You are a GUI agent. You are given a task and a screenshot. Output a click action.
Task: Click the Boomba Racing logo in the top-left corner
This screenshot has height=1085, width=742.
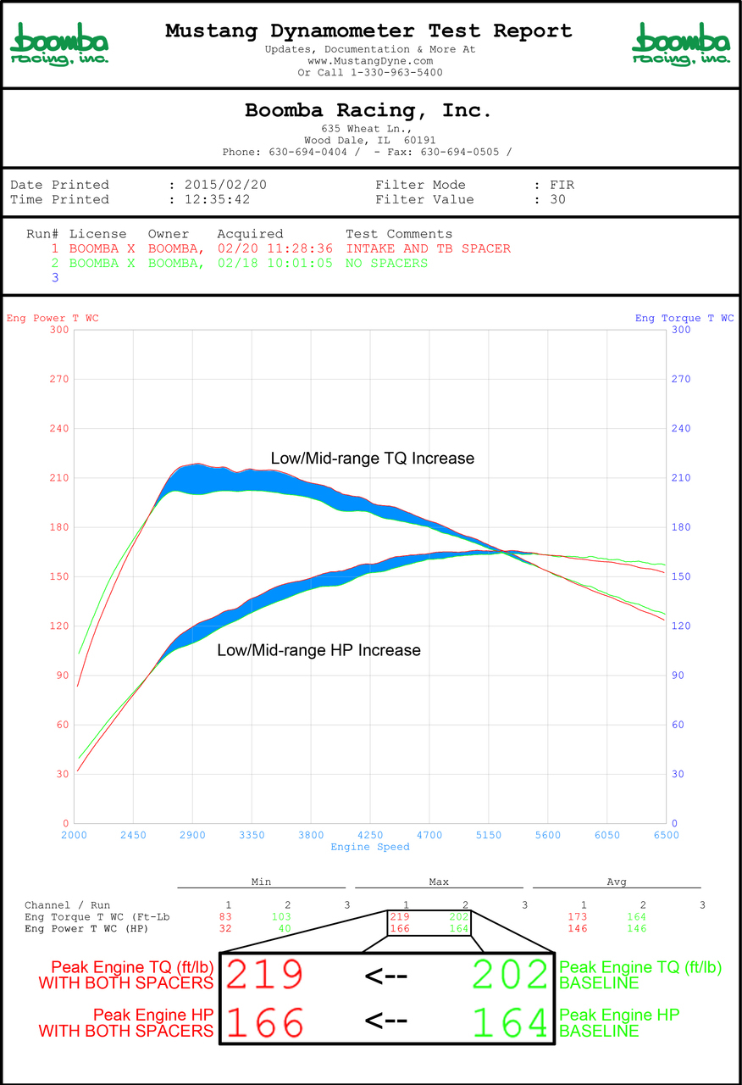pos(59,44)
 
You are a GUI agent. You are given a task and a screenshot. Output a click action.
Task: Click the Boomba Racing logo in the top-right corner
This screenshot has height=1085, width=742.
pos(681,44)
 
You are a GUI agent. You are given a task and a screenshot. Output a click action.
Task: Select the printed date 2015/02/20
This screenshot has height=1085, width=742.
pos(217,185)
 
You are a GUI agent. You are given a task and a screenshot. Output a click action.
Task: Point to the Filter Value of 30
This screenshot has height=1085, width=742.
pos(557,200)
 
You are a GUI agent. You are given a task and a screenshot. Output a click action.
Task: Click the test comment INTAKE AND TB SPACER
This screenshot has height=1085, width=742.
pos(428,248)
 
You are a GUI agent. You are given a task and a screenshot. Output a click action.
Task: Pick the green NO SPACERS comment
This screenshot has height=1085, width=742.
pos(386,263)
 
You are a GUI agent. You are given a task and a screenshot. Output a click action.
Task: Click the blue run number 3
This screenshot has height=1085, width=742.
pos(55,277)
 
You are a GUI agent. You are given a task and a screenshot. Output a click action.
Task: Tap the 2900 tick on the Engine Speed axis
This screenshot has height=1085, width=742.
pos(192,835)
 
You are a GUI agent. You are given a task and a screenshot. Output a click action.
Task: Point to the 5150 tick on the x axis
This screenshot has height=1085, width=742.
pos(489,835)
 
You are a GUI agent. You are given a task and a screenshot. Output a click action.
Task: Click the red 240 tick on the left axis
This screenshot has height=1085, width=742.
pos(58,429)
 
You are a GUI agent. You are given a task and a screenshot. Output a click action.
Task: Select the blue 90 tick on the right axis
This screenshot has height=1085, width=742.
pos(678,676)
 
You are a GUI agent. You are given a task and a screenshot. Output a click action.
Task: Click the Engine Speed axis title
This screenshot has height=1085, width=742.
pos(370,847)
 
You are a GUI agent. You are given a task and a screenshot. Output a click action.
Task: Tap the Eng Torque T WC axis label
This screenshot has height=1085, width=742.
pos(684,319)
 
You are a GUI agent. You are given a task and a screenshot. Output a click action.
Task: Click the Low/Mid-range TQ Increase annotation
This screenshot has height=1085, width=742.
pos(373,459)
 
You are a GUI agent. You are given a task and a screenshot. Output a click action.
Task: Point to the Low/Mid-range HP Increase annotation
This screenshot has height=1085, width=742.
pos(319,651)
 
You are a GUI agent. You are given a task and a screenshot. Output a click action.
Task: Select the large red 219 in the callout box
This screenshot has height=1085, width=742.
pos(265,976)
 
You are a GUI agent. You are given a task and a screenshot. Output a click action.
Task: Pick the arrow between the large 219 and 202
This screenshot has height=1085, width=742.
pos(386,976)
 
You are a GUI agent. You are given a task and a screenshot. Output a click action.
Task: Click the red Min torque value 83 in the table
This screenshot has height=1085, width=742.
pos(224,917)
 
